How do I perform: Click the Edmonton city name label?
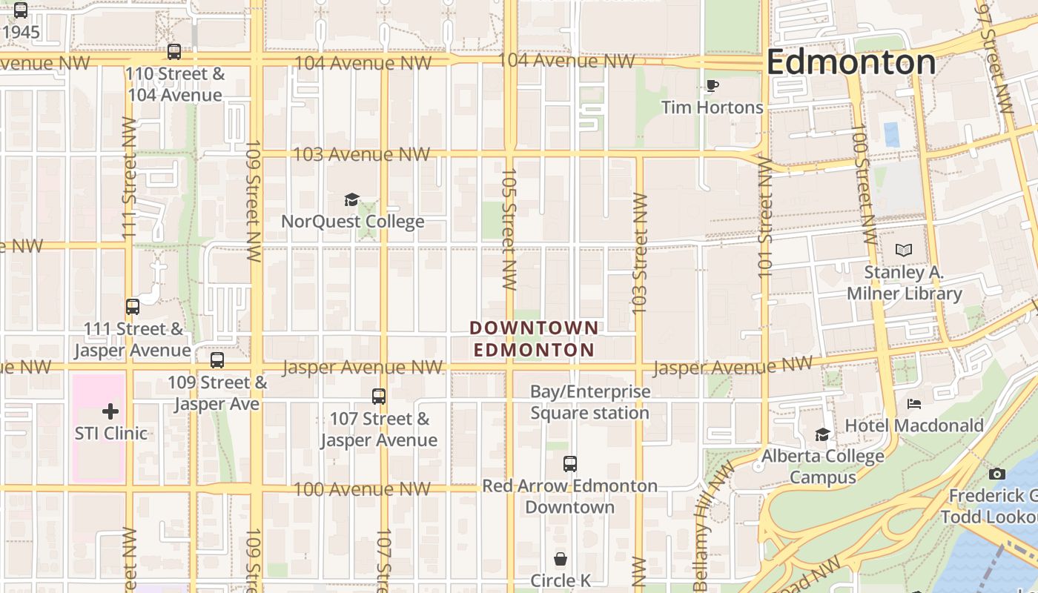click(x=850, y=62)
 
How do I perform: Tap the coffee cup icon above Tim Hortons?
click(x=712, y=86)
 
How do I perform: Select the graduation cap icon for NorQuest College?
click(x=352, y=200)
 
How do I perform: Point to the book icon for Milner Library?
click(x=904, y=251)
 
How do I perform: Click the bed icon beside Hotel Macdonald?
click(x=914, y=404)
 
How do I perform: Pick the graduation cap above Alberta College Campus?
click(x=822, y=435)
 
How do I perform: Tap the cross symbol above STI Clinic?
click(x=110, y=411)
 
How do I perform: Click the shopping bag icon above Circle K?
click(x=561, y=559)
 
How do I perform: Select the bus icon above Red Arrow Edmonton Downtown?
click(x=569, y=464)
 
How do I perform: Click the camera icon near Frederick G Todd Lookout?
click(x=997, y=474)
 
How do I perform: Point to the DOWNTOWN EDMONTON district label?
click(x=534, y=339)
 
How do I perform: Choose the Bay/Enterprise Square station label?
click(x=590, y=402)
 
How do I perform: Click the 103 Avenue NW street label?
click(x=361, y=155)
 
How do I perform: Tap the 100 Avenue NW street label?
click(x=362, y=489)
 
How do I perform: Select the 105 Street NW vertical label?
click(x=509, y=228)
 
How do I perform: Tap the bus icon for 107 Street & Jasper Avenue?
click(x=379, y=397)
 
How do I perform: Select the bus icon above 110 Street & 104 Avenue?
click(x=174, y=52)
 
